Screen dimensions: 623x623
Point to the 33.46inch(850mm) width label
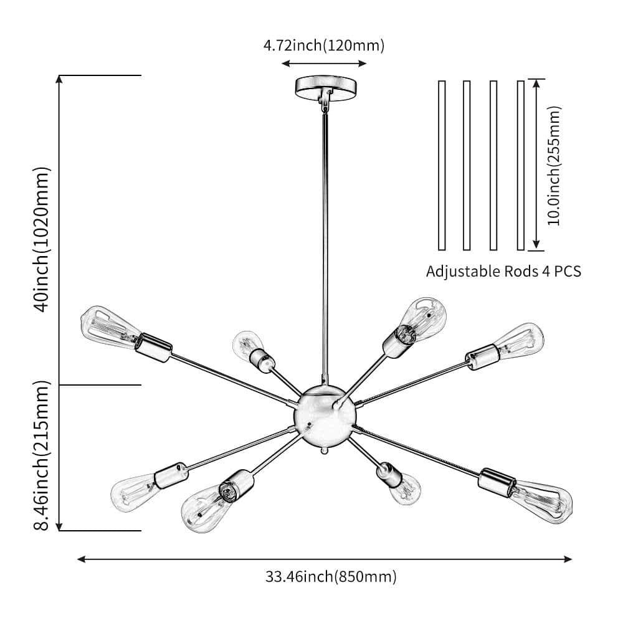331,576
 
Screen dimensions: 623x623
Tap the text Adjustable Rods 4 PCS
503,272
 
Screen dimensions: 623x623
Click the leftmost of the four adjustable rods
442,165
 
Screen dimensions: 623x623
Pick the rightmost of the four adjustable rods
521,165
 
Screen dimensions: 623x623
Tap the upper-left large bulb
107,325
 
